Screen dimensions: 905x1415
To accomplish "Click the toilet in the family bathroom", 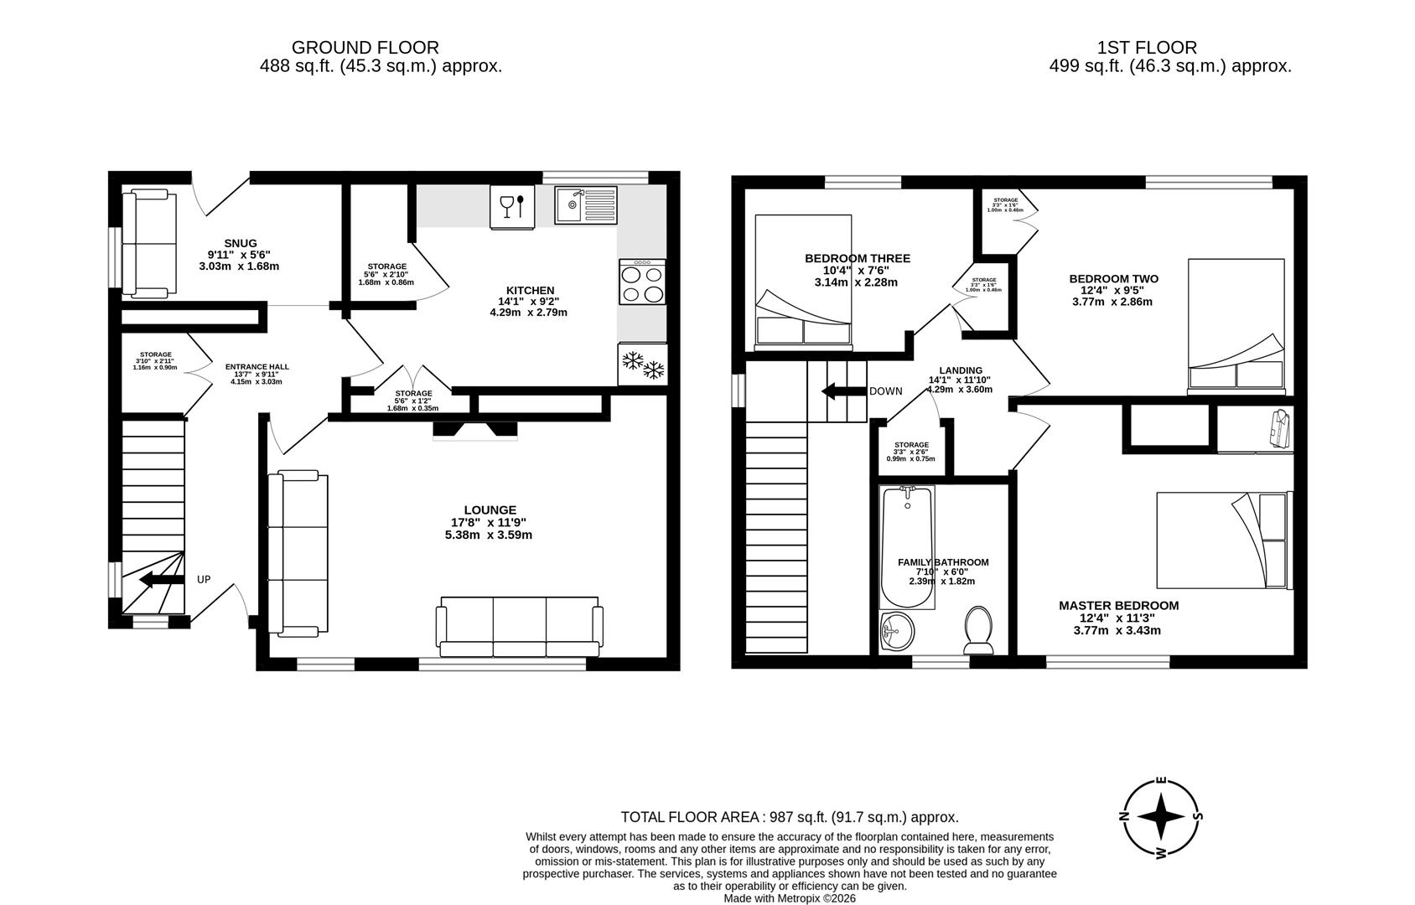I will pyautogui.click(x=978, y=630).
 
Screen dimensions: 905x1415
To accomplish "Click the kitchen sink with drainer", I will pyautogui.click(x=585, y=204).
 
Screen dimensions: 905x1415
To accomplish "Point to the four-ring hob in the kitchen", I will pyautogui.click(x=642, y=282).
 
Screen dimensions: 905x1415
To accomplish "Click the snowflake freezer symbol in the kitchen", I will pyautogui.click(x=642, y=365).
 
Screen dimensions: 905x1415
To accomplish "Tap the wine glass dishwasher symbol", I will pyautogui.click(x=512, y=206).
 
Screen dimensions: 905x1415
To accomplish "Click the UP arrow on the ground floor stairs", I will pyautogui.click(x=161, y=579).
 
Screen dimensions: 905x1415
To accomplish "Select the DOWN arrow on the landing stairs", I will pyautogui.click(x=842, y=391).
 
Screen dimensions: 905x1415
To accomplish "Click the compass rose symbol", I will pyautogui.click(x=1161, y=818).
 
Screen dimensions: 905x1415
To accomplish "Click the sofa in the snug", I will pyautogui.click(x=149, y=244).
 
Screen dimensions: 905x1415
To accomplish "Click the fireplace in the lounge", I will pyautogui.click(x=475, y=430).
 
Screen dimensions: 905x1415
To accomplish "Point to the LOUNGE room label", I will pyautogui.click(x=490, y=509).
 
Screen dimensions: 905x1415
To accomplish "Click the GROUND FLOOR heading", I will pyautogui.click(x=365, y=48).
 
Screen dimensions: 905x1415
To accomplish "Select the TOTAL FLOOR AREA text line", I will pyautogui.click(x=789, y=817).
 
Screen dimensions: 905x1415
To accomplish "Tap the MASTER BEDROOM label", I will pyautogui.click(x=1117, y=605).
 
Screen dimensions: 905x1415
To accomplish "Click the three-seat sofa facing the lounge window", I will pyautogui.click(x=519, y=628).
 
